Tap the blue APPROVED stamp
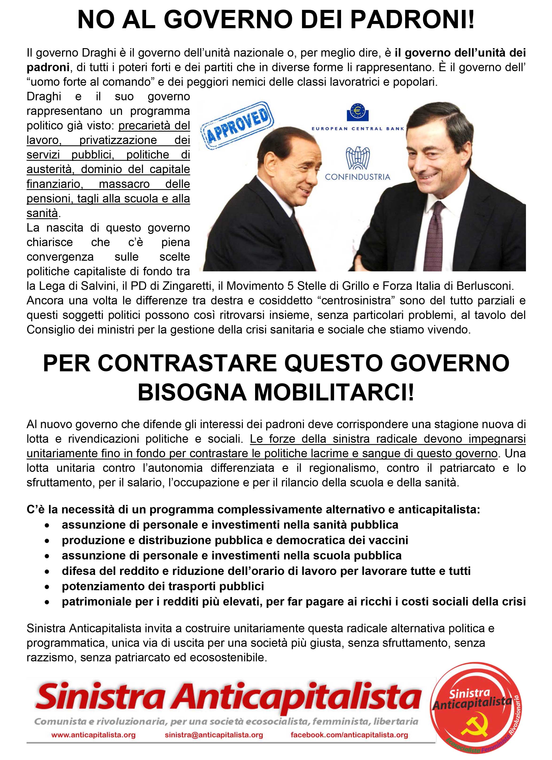tap(237, 127)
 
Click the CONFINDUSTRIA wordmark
tap(358, 177)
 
